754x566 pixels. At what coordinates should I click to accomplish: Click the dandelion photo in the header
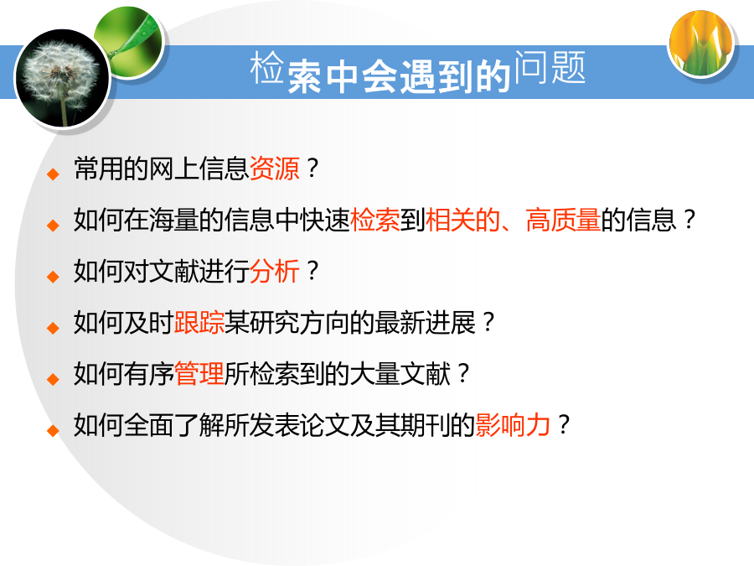[x=63, y=78]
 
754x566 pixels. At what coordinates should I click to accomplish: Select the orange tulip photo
[x=701, y=44]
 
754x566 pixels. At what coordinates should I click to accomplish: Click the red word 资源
[x=275, y=169]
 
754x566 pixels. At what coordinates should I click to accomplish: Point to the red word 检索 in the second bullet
[x=375, y=220]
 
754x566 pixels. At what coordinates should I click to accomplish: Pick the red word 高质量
[x=563, y=220]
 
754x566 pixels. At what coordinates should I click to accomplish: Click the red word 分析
[x=275, y=271]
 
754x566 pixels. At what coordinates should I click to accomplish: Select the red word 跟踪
[x=199, y=323]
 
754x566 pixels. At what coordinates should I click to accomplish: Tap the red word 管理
[x=199, y=373]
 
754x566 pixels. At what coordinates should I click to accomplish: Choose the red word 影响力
[x=513, y=425]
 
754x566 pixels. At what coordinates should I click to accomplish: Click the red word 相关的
[x=463, y=220]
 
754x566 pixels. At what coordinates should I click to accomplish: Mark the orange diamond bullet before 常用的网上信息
[x=53, y=174]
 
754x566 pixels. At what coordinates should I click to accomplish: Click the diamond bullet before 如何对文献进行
[x=53, y=276]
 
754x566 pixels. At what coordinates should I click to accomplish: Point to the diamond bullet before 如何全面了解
[x=53, y=430]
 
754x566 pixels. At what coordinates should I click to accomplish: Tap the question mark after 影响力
[x=564, y=425]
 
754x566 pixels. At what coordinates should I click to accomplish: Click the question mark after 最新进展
[x=488, y=323]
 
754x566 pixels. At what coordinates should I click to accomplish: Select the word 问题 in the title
[x=550, y=67]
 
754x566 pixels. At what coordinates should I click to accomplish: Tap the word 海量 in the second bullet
[x=174, y=220]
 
